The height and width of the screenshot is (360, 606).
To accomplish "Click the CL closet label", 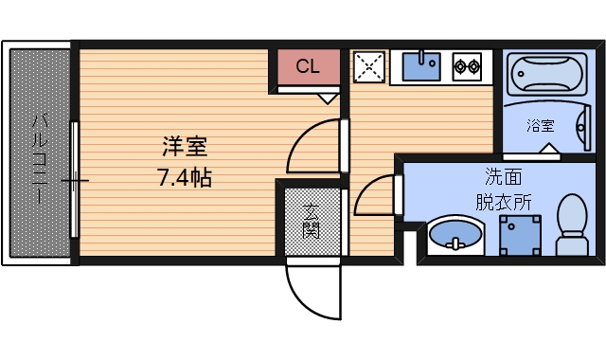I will pyautogui.click(x=307, y=66).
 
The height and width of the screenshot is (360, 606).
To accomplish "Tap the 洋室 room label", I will pyautogui.click(x=184, y=147).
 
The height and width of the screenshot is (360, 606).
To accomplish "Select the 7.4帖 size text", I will pyautogui.click(x=184, y=176).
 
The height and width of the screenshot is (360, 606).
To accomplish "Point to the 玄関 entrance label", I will pyautogui.click(x=311, y=220).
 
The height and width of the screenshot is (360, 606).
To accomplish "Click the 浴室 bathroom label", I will pyautogui.click(x=541, y=125).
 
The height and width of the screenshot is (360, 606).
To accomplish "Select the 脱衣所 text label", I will pyautogui.click(x=504, y=201).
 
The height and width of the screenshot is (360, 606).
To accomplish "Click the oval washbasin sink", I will pyautogui.click(x=454, y=234).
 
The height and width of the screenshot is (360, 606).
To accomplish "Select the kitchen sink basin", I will pyautogui.click(x=419, y=66).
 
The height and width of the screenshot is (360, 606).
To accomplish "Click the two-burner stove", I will pyautogui.click(x=467, y=66).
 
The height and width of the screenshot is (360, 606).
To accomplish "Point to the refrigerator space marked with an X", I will pyautogui.click(x=368, y=65).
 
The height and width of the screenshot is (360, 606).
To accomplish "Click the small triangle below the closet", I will pyautogui.click(x=328, y=97).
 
